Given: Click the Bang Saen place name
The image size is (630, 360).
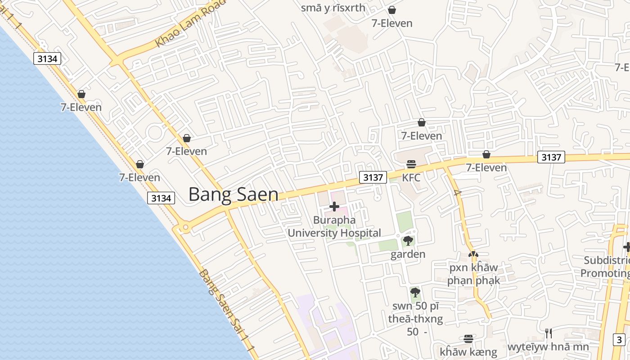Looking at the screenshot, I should click(x=233, y=194).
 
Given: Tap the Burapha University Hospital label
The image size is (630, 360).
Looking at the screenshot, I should click(x=334, y=226).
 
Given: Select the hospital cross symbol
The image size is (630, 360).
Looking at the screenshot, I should click(x=334, y=207).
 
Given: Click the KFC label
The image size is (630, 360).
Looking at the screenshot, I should click(x=411, y=177).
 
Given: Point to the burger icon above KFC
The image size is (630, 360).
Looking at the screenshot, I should click(x=411, y=164).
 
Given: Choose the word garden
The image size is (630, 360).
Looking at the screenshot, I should click(x=408, y=254).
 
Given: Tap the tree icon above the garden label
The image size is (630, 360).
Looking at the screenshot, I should click(x=408, y=241).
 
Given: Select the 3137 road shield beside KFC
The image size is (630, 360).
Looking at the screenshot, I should click(x=373, y=177).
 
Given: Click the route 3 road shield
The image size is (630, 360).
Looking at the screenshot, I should click(x=620, y=340).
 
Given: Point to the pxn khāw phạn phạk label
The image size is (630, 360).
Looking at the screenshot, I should click(x=473, y=274).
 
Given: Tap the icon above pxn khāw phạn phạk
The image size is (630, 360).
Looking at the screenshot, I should click(x=473, y=254).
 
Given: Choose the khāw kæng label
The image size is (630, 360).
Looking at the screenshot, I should click(x=468, y=352).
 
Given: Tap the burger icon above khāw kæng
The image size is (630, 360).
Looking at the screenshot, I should click(x=468, y=338).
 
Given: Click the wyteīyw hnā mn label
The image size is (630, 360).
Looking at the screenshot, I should click(x=548, y=347).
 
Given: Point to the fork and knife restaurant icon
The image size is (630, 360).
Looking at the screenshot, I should click(x=548, y=333).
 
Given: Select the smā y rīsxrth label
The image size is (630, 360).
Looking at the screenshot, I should click(x=333, y=8).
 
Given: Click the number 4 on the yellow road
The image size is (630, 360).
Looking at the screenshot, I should click(x=458, y=193).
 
